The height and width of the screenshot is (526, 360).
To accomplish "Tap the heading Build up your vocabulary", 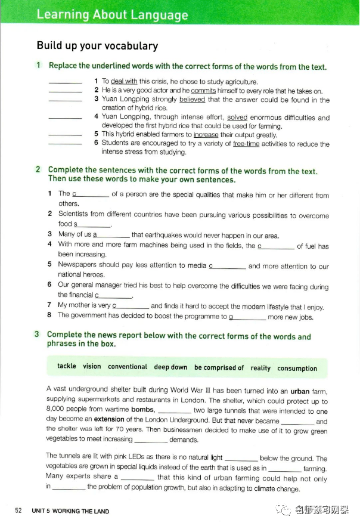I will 97,46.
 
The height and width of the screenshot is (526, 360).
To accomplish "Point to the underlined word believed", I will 192,100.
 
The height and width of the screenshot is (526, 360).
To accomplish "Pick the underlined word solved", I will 237,117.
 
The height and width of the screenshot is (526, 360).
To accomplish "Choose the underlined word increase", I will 206,135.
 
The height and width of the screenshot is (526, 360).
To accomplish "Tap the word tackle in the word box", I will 67,366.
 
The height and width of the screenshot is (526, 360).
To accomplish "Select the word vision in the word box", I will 92,366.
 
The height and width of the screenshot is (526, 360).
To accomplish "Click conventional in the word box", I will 128,367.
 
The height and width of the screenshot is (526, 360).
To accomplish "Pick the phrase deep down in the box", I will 170,367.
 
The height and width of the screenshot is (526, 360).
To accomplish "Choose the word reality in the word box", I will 260,368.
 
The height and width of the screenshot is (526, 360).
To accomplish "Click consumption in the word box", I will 297,368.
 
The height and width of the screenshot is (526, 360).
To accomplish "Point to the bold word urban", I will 300,391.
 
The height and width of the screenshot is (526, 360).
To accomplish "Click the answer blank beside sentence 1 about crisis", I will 64,81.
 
